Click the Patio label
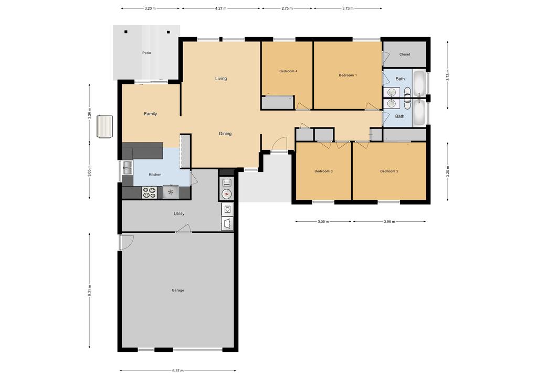click(x=146, y=53)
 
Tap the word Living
click(x=221, y=78)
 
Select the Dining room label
click(x=225, y=133)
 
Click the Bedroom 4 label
click(x=288, y=71)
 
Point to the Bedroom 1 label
click(x=348, y=75)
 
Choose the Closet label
click(x=405, y=55)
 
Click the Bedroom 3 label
click(x=324, y=171)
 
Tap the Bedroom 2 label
click(x=389, y=171)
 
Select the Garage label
click(x=178, y=290)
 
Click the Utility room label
click(x=179, y=214)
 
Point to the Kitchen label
click(x=155, y=175)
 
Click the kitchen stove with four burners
click(x=149, y=192)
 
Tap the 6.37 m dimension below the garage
click(x=178, y=371)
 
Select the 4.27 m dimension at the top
click(x=221, y=8)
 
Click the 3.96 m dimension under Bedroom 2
click(x=389, y=222)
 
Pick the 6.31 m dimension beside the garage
click(x=89, y=290)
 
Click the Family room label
click(x=150, y=114)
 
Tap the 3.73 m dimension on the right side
click(x=448, y=75)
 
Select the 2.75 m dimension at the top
click(x=287, y=8)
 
